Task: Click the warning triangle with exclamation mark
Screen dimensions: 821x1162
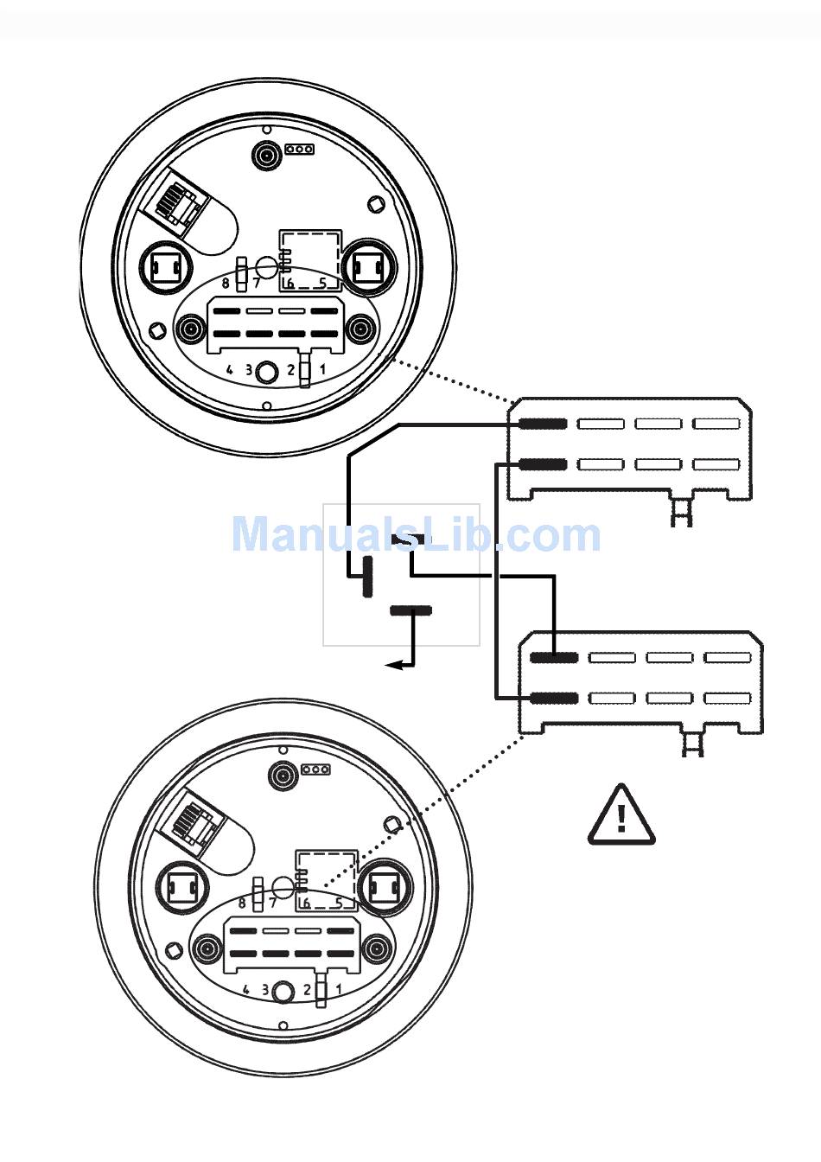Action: coord(621,815)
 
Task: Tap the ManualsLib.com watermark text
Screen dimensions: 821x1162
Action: coord(416,534)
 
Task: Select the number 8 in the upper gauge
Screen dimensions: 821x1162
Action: coord(226,282)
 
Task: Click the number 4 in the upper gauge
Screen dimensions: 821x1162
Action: coord(230,369)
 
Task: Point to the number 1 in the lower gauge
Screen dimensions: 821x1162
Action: coord(339,989)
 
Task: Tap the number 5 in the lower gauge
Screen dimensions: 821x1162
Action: coord(339,903)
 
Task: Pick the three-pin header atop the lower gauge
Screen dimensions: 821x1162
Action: coord(316,769)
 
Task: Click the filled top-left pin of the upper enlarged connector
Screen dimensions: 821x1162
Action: coord(542,424)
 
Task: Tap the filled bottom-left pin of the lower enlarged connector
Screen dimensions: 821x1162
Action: coord(554,699)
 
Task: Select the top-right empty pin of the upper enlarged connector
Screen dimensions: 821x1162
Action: coord(716,424)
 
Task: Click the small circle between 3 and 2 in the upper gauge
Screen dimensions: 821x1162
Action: coord(269,371)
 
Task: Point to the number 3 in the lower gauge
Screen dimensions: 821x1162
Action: coord(265,989)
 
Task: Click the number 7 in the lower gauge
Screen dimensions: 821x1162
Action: coord(273,903)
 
